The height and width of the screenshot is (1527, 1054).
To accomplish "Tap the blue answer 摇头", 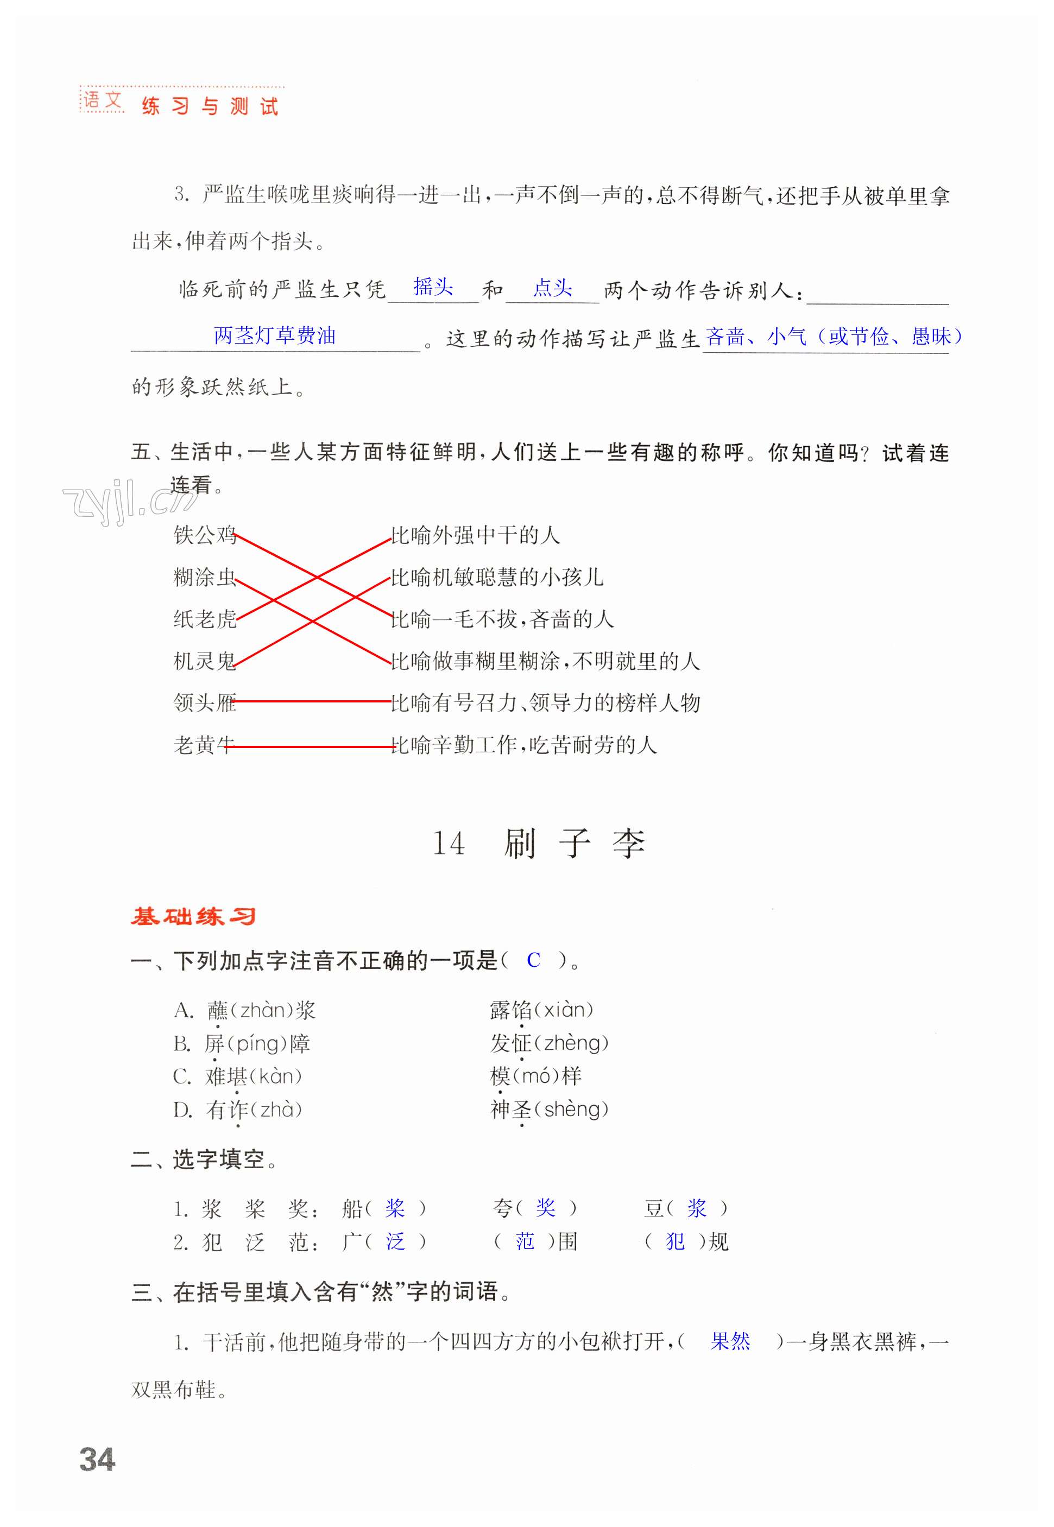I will tap(433, 287).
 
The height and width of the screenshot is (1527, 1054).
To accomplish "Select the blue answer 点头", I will tap(552, 288).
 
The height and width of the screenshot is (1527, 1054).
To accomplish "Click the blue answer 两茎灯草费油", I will tap(275, 335).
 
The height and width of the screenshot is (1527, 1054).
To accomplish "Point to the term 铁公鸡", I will tap(204, 534).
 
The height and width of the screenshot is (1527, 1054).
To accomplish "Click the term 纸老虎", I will tap(204, 619).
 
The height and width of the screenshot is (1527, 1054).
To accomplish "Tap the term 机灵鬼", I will tap(204, 661).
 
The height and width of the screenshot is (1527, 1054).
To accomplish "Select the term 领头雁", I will tap(204, 702).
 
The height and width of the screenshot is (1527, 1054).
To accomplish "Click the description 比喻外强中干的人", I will tap(476, 535).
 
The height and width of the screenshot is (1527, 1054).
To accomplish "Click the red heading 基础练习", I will tap(193, 916).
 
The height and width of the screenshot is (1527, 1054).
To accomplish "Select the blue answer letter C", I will tap(533, 960).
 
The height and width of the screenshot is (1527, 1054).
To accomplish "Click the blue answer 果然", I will tap(730, 1341).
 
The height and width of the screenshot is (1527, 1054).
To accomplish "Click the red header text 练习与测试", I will tap(210, 106).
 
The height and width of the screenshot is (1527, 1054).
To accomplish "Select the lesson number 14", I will tap(448, 843).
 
